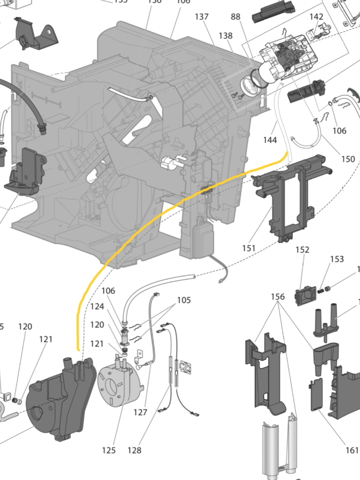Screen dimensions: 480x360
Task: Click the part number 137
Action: pyautogui.click(x=202, y=17)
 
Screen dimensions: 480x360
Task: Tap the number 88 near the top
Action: pyautogui.click(x=235, y=17)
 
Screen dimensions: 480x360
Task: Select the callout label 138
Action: pyautogui.click(x=226, y=36)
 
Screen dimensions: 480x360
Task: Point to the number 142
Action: pyautogui.click(x=316, y=17)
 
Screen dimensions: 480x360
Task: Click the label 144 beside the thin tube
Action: pyautogui.click(x=270, y=140)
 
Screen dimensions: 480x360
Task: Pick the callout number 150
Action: pyautogui.click(x=348, y=159)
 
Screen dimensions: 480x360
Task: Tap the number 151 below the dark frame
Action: pyautogui.click(x=249, y=248)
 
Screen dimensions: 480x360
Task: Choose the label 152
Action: pyautogui.click(x=302, y=250)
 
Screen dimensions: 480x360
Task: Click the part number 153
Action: pyautogui.click(x=337, y=259)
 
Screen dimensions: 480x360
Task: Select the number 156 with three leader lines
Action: pyautogui.click(x=277, y=297)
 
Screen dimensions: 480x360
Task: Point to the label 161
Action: pyautogui.click(x=352, y=450)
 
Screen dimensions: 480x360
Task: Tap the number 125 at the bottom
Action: pyautogui.click(x=109, y=451)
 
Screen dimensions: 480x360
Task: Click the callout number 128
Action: pyautogui.click(x=134, y=451)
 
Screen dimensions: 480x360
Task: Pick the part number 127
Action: pyautogui.click(x=140, y=412)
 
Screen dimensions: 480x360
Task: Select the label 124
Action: pyautogui.click(x=97, y=307)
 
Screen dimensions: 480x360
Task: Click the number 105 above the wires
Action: pyautogui.click(x=184, y=300)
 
